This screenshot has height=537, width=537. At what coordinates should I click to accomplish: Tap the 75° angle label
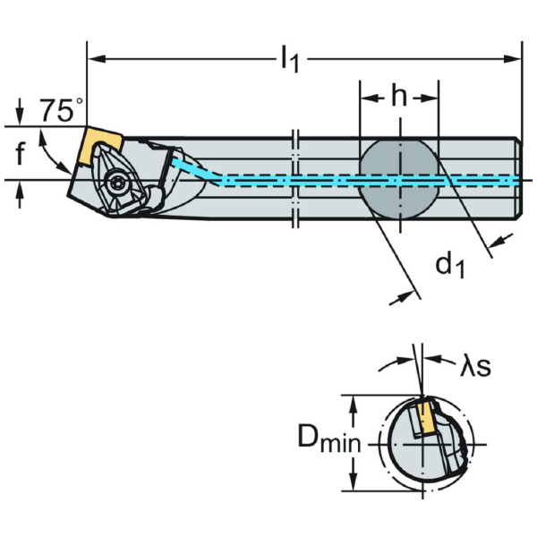click(61, 111)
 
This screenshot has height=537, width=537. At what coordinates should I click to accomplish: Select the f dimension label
click(20, 154)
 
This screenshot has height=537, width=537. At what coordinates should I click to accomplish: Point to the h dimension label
click(399, 97)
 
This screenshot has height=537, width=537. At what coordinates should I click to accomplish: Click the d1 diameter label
click(449, 265)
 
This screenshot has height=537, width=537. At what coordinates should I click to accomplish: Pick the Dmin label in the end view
click(322, 440)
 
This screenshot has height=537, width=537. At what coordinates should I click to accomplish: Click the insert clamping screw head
click(121, 183)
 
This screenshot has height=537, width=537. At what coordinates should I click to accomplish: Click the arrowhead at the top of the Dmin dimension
click(356, 400)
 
